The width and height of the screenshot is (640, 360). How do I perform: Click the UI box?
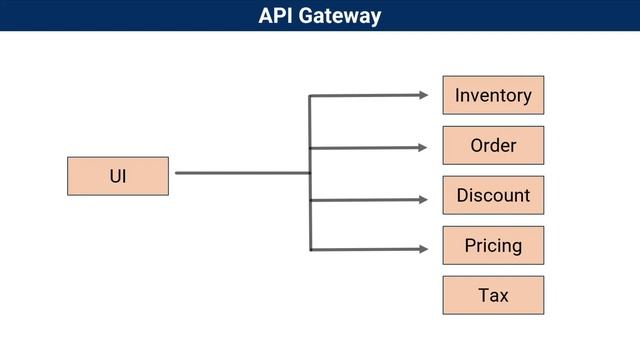[x=117, y=176]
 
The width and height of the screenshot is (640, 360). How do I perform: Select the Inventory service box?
[x=493, y=95]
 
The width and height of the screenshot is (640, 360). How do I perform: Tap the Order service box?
[x=493, y=145]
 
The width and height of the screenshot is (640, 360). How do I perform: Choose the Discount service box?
[x=493, y=195]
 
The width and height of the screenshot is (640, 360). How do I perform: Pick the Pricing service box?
[x=493, y=245]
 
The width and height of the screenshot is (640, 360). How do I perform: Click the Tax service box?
[x=493, y=295]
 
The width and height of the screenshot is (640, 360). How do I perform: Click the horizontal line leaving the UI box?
[x=240, y=173]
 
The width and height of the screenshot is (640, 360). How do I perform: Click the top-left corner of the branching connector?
[x=310, y=96]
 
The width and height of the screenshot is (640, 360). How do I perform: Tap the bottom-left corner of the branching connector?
[x=310, y=249]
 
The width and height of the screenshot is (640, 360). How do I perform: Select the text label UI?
[x=117, y=177]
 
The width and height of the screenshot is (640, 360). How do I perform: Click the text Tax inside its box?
[x=493, y=296]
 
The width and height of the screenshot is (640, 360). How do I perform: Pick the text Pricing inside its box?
[x=493, y=246]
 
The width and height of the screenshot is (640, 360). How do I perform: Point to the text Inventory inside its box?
[x=493, y=96]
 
